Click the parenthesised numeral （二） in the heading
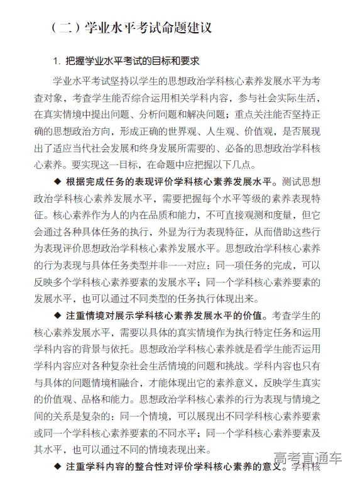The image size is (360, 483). pyautogui.click(x=65, y=28)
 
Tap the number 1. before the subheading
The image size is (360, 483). pyautogui.click(x=57, y=62)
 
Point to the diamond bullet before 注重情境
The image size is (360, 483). pyautogui.click(x=58, y=314)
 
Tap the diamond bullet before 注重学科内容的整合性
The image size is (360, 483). pyautogui.click(x=58, y=467)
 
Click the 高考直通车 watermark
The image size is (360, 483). pyautogui.click(x=307, y=458)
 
